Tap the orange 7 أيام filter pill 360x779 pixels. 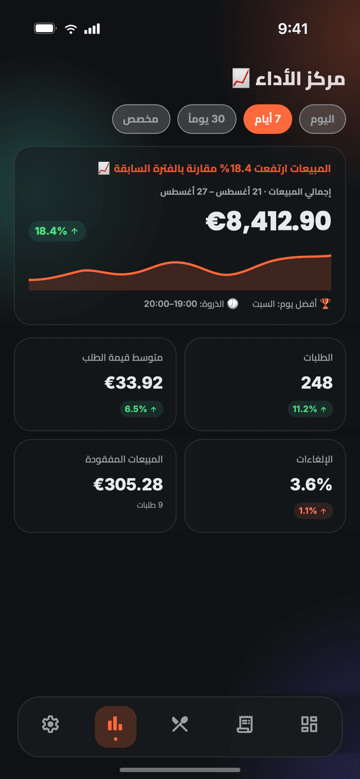[x=268, y=119]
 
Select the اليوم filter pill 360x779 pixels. [x=322, y=119]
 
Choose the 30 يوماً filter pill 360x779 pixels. [x=206, y=119]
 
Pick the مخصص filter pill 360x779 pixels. [x=141, y=119]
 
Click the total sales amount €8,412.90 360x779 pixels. [x=268, y=221]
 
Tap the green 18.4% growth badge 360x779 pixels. [x=57, y=231]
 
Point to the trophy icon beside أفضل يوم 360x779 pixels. [x=325, y=304]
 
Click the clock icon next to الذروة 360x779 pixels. [x=233, y=304]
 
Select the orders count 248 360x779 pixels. [x=317, y=382]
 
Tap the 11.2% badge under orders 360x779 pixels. [x=310, y=409]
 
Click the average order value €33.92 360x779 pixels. [x=133, y=382]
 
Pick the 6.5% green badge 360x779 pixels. [x=141, y=409]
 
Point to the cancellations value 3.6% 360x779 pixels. [x=311, y=484]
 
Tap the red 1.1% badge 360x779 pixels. [x=313, y=511]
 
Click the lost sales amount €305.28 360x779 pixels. [x=128, y=484]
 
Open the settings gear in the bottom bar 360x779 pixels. [x=51, y=724]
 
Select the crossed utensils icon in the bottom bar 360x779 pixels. [x=180, y=724]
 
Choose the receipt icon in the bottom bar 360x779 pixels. [x=245, y=724]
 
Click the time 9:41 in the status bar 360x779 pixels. [x=293, y=29]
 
